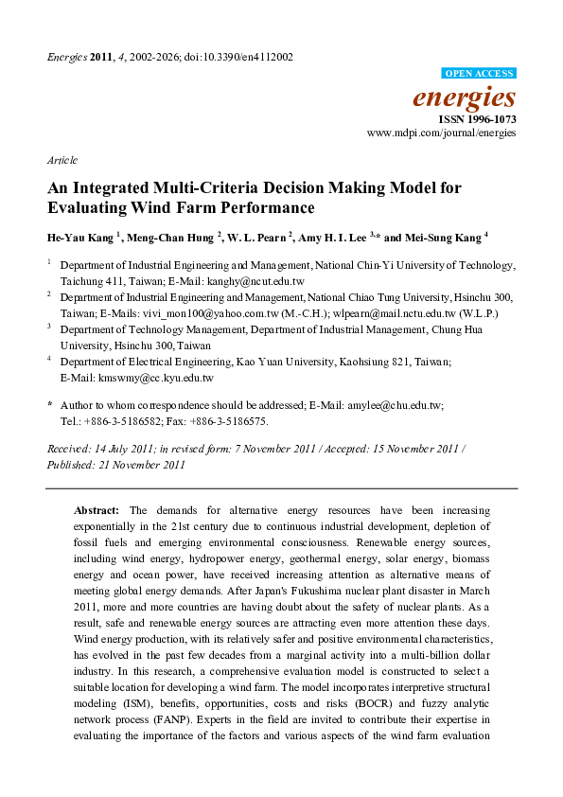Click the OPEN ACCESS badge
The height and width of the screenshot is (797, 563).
tap(479, 73)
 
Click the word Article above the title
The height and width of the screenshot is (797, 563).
tap(62, 160)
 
